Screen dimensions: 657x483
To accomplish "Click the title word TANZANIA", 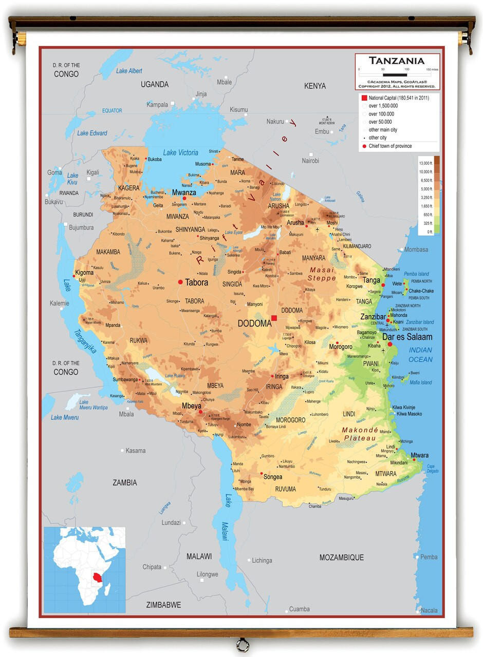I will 397,61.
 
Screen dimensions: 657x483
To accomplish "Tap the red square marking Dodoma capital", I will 274,318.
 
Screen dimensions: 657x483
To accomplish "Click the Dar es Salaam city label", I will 407,337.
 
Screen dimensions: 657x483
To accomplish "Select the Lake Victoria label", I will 180,152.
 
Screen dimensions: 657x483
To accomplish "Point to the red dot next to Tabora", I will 180,282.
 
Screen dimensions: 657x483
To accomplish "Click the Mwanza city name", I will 184,192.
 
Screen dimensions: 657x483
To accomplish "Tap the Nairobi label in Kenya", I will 310,161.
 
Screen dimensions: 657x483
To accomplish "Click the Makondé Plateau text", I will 360,434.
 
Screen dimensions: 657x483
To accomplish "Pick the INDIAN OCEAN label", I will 420,355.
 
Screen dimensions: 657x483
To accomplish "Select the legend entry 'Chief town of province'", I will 390,146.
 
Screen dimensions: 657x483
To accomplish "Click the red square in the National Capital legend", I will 364,98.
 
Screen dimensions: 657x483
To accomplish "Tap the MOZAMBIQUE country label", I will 341,557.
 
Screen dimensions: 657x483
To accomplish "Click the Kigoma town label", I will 84,273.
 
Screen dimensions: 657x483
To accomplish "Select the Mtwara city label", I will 419,455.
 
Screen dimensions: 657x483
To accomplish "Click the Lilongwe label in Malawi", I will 207,574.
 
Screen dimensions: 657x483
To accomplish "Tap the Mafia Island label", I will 420,382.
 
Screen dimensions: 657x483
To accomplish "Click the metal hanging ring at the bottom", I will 242,644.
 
